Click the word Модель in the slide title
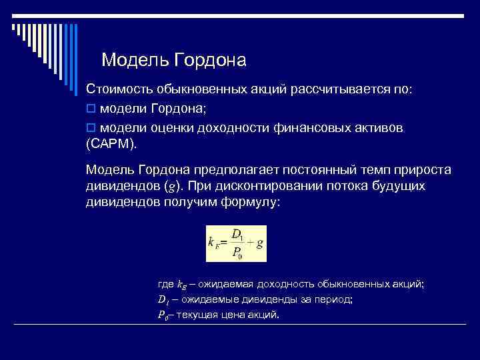[x=135, y=61]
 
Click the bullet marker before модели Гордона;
[x=91, y=109]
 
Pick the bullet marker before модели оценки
[x=91, y=127]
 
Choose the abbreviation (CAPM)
[x=115, y=143]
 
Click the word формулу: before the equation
[x=249, y=203]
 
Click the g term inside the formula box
[x=260, y=243]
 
